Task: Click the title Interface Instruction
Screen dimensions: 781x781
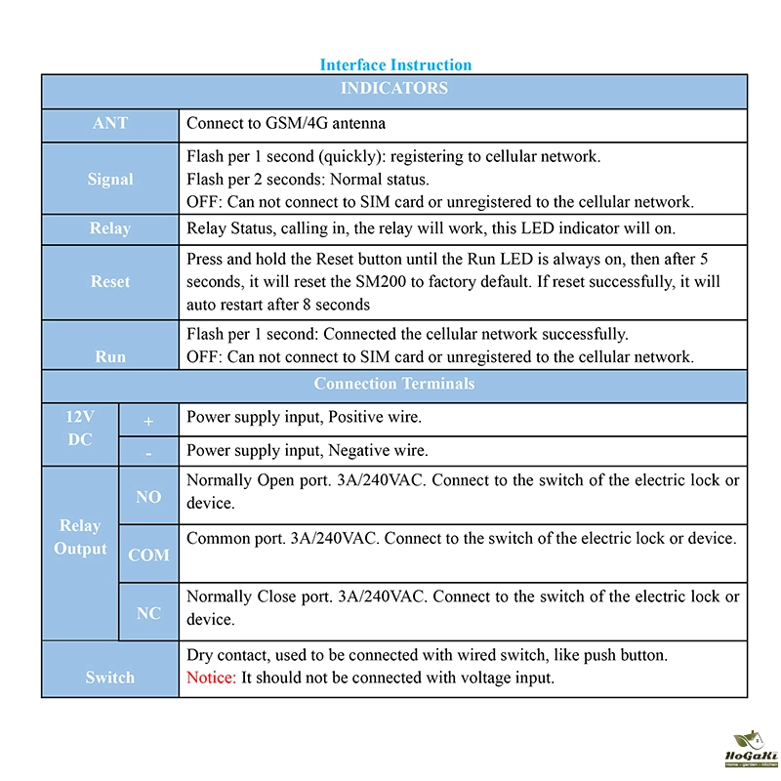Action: (395, 65)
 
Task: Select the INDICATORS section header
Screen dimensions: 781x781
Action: (393, 89)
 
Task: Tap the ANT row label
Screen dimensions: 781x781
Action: (109, 124)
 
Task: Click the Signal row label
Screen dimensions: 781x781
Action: (109, 180)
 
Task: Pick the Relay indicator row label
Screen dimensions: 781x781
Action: (109, 228)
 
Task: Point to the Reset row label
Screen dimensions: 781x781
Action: (109, 281)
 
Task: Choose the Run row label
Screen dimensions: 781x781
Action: (109, 356)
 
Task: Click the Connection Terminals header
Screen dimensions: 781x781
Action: (393, 384)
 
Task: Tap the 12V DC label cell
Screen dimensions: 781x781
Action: (79, 428)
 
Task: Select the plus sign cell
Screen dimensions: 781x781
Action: (148, 422)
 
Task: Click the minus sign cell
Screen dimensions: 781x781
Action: (148, 452)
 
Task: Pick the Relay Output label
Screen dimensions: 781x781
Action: (80, 537)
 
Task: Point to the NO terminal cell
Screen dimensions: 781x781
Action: (148, 497)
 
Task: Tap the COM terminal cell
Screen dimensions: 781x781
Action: (148, 555)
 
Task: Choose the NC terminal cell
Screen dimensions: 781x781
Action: (148, 613)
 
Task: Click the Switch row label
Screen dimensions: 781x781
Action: (109, 678)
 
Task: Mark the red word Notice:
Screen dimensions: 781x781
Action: (211, 678)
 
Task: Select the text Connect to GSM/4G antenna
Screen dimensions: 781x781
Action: (285, 124)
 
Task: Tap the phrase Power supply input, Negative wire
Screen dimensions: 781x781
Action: (307, 451)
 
